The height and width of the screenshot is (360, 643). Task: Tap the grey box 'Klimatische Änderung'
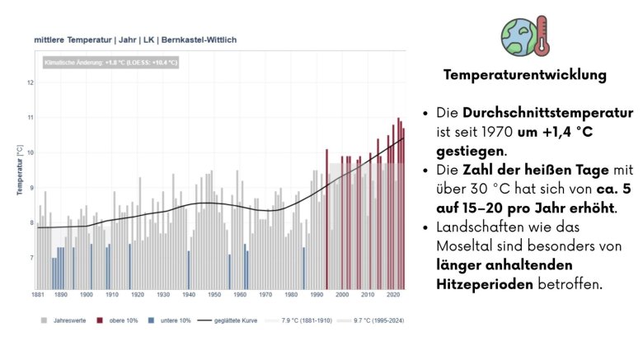coord(109,62)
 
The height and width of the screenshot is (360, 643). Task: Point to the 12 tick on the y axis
coord(30,82)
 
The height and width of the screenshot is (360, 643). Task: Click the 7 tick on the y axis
coord(30,258)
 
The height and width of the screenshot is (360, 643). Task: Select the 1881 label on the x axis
coord(38,294)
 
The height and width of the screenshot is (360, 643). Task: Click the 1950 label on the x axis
coord(214,294)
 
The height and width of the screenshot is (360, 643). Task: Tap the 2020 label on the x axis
coord(391,294)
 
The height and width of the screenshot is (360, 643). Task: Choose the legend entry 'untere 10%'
coord(171,320)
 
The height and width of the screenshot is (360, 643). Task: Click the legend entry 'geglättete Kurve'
coord(232,320)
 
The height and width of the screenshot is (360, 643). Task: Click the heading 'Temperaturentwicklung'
coord(524,75)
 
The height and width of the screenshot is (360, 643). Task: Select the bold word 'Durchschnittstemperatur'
coord(547,112)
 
